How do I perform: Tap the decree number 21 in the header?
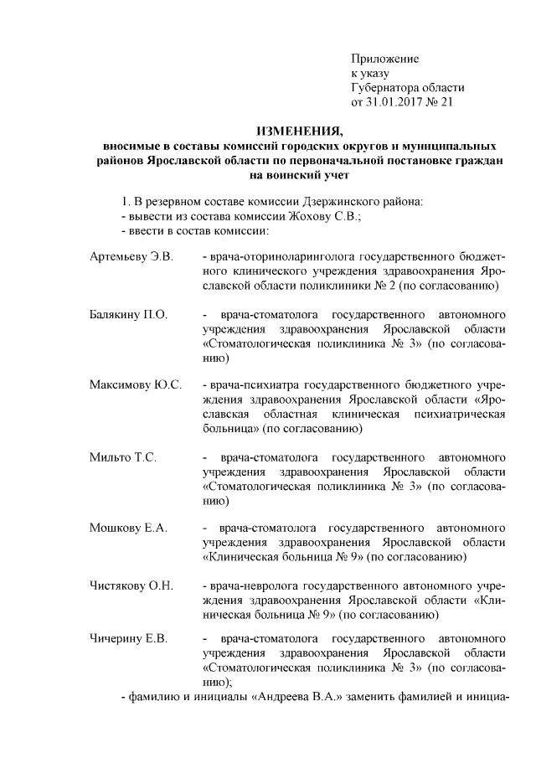[446, 102]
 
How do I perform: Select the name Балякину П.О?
[128, 315]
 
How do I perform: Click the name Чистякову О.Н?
[131, 585]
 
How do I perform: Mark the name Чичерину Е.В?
[129, 640]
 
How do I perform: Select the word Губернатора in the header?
[387, 88]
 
